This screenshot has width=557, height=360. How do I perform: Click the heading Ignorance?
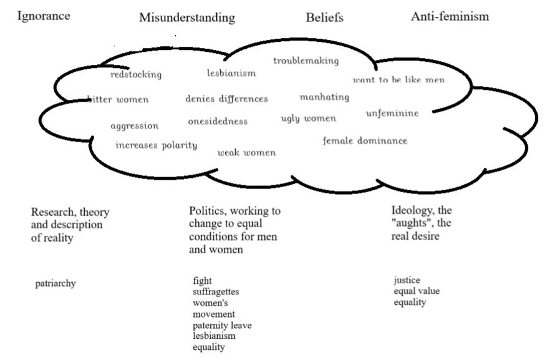point(42,16)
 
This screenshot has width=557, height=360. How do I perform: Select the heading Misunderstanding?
point(187,17)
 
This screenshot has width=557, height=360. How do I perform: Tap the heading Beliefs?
point(324,17)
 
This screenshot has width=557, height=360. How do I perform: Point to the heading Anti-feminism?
point(450,17)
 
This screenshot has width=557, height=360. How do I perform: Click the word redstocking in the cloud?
point(135,75)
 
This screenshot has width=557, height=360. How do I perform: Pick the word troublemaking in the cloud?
point(306,61)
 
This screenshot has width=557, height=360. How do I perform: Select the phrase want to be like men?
point(399,80)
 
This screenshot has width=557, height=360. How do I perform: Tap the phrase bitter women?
point(119,99)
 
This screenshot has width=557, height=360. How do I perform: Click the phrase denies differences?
point(226,99)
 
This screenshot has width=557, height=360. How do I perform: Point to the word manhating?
point(324,97)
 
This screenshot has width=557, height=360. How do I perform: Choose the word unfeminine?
point(392,113)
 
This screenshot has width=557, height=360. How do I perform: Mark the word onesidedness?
point(218,121)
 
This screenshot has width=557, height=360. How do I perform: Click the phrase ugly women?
point(308,119)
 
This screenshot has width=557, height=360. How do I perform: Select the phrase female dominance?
point(365,141)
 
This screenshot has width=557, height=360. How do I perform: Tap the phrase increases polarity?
point(156,145)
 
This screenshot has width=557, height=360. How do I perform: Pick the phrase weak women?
point(246,153)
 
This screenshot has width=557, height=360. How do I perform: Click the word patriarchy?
point(56,283)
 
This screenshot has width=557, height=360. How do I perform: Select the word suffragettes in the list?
point(216,291)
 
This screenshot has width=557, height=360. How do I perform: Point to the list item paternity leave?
point(222,325)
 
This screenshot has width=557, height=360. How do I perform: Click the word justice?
point(407,280)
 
